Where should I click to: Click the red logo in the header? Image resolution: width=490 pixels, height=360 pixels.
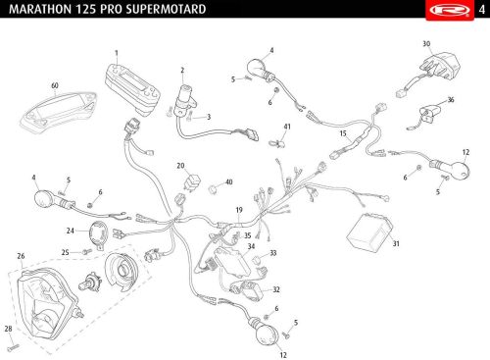pos(450,10)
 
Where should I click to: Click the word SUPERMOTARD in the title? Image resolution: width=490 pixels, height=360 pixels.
pos(166,9)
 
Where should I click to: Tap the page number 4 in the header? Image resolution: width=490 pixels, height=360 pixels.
pos(482,10)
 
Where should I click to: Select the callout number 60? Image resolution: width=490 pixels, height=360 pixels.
pos(55,85)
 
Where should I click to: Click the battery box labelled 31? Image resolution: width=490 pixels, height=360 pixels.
pos(369,231)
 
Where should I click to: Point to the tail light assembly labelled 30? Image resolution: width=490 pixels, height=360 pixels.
pos(441,67)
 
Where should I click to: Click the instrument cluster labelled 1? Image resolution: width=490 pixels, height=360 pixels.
pos(132,89)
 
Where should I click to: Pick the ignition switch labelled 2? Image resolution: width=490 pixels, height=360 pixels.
pos(185,100)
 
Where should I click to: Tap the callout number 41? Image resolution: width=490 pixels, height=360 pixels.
pos(287,127)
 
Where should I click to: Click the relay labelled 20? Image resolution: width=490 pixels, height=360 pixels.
pos(192,182)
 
